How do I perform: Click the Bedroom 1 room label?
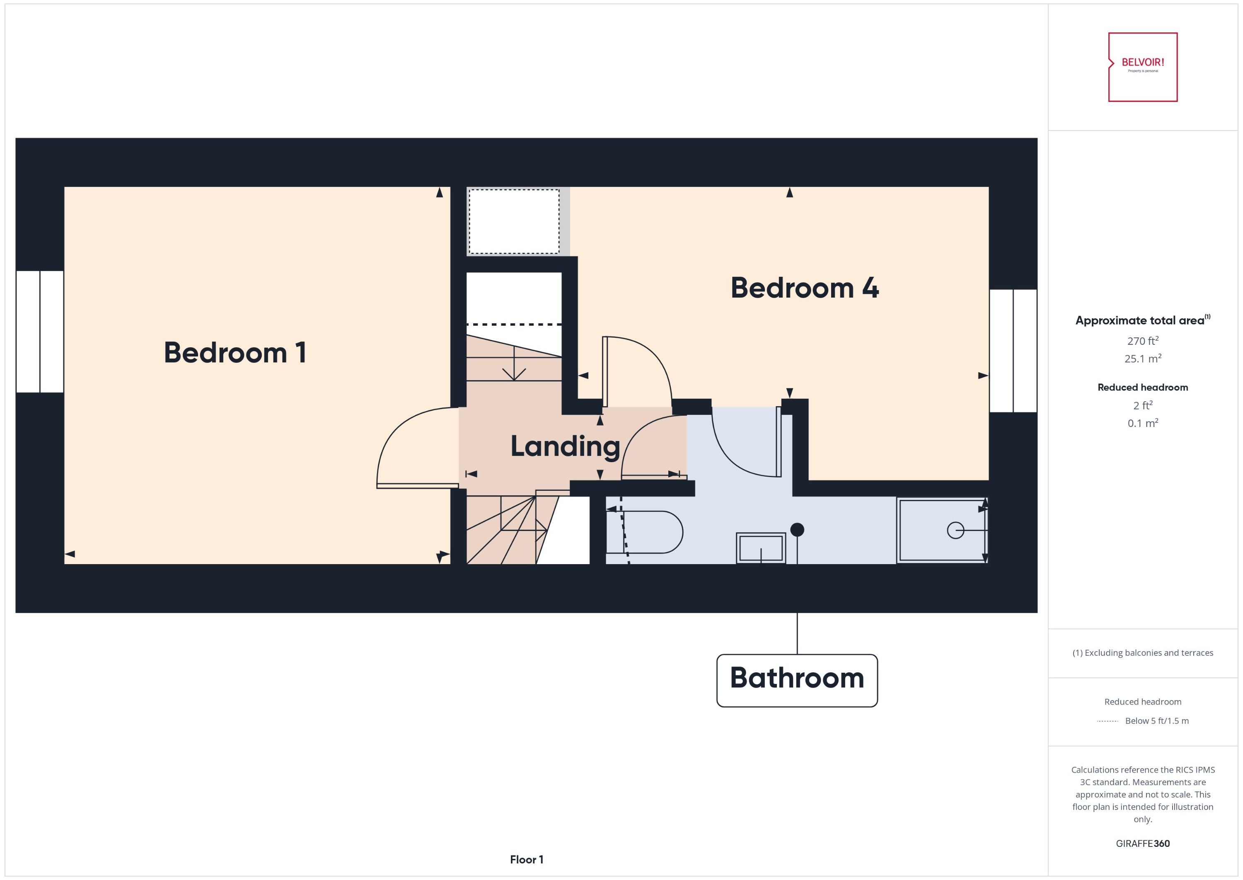tap(235, 353)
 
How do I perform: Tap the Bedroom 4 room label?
tap(804, 288)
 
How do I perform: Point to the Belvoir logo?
tap(1142, 67)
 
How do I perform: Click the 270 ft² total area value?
tap(1142, 341)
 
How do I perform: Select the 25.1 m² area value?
tap(1142, 359)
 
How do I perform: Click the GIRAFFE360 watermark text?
tap(1142, 843)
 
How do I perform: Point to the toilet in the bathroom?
tap(645, 532)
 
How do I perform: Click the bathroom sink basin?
tap(760, 548)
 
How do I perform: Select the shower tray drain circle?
tap(955, 530)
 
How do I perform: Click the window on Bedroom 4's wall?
tap(1013, 351)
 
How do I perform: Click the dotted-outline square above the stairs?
tap(513, 221)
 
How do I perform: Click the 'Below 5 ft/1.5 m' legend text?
tap(1157, 721)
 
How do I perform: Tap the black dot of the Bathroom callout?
tap(797, 529)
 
